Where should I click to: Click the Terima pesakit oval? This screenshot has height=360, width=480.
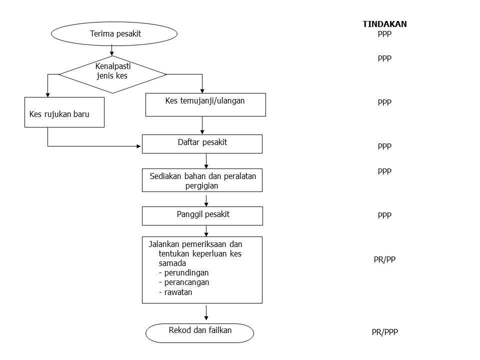point(114,34)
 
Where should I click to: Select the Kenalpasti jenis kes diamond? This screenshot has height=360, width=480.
point(112,74)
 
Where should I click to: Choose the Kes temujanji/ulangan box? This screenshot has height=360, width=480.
point(205,104)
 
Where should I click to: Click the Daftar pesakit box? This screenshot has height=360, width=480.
point(202,143)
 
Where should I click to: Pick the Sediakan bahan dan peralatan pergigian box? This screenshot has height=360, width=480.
point(202,180)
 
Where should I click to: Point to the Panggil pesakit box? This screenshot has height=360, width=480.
point(202,215)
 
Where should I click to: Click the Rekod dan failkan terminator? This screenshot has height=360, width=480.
point(199,332)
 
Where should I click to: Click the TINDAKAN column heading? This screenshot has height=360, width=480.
point(384,24)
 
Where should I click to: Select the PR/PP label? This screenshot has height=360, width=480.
point(384,259)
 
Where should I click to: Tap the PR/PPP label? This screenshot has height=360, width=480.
point(384,331)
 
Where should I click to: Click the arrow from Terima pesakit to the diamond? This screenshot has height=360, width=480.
point(112,50)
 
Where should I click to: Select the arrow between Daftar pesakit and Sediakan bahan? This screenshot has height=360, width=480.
point(206,160)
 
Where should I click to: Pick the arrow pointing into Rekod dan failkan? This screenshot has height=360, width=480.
point(206,312)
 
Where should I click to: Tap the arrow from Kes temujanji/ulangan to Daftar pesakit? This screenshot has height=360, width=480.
point(202,125)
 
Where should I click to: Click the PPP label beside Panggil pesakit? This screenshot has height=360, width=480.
point(384,215)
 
